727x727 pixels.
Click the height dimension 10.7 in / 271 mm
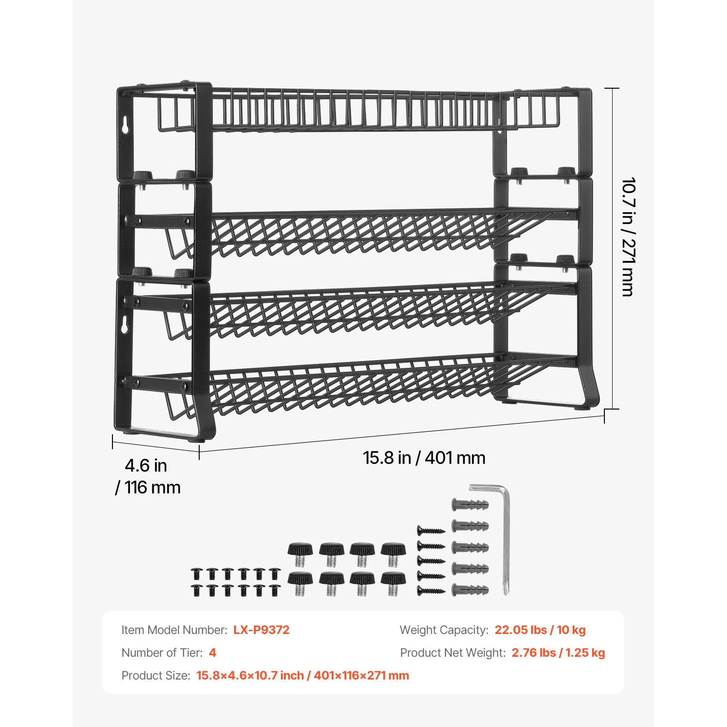(x=628, y=237)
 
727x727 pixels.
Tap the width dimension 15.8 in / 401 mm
(x=424, y=458)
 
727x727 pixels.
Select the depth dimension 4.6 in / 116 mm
(x=147, y=476)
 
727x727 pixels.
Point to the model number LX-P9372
(x=261, y=630)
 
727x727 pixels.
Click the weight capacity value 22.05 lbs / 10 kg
(x=540, y=630)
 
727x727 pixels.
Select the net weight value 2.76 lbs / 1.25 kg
(x=558, y=653)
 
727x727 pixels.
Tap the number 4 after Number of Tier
(x=212, y=653)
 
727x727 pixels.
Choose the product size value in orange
(x=302, y=676)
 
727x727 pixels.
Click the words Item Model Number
(x=174, y=630)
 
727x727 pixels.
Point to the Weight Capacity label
(x=443, y=630)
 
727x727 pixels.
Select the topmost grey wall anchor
(x=470, y=505)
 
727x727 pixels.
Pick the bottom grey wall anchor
(x=470, y=590)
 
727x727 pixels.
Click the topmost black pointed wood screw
(x=431, y=531)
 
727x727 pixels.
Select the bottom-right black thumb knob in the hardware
(x=393, y=583)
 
